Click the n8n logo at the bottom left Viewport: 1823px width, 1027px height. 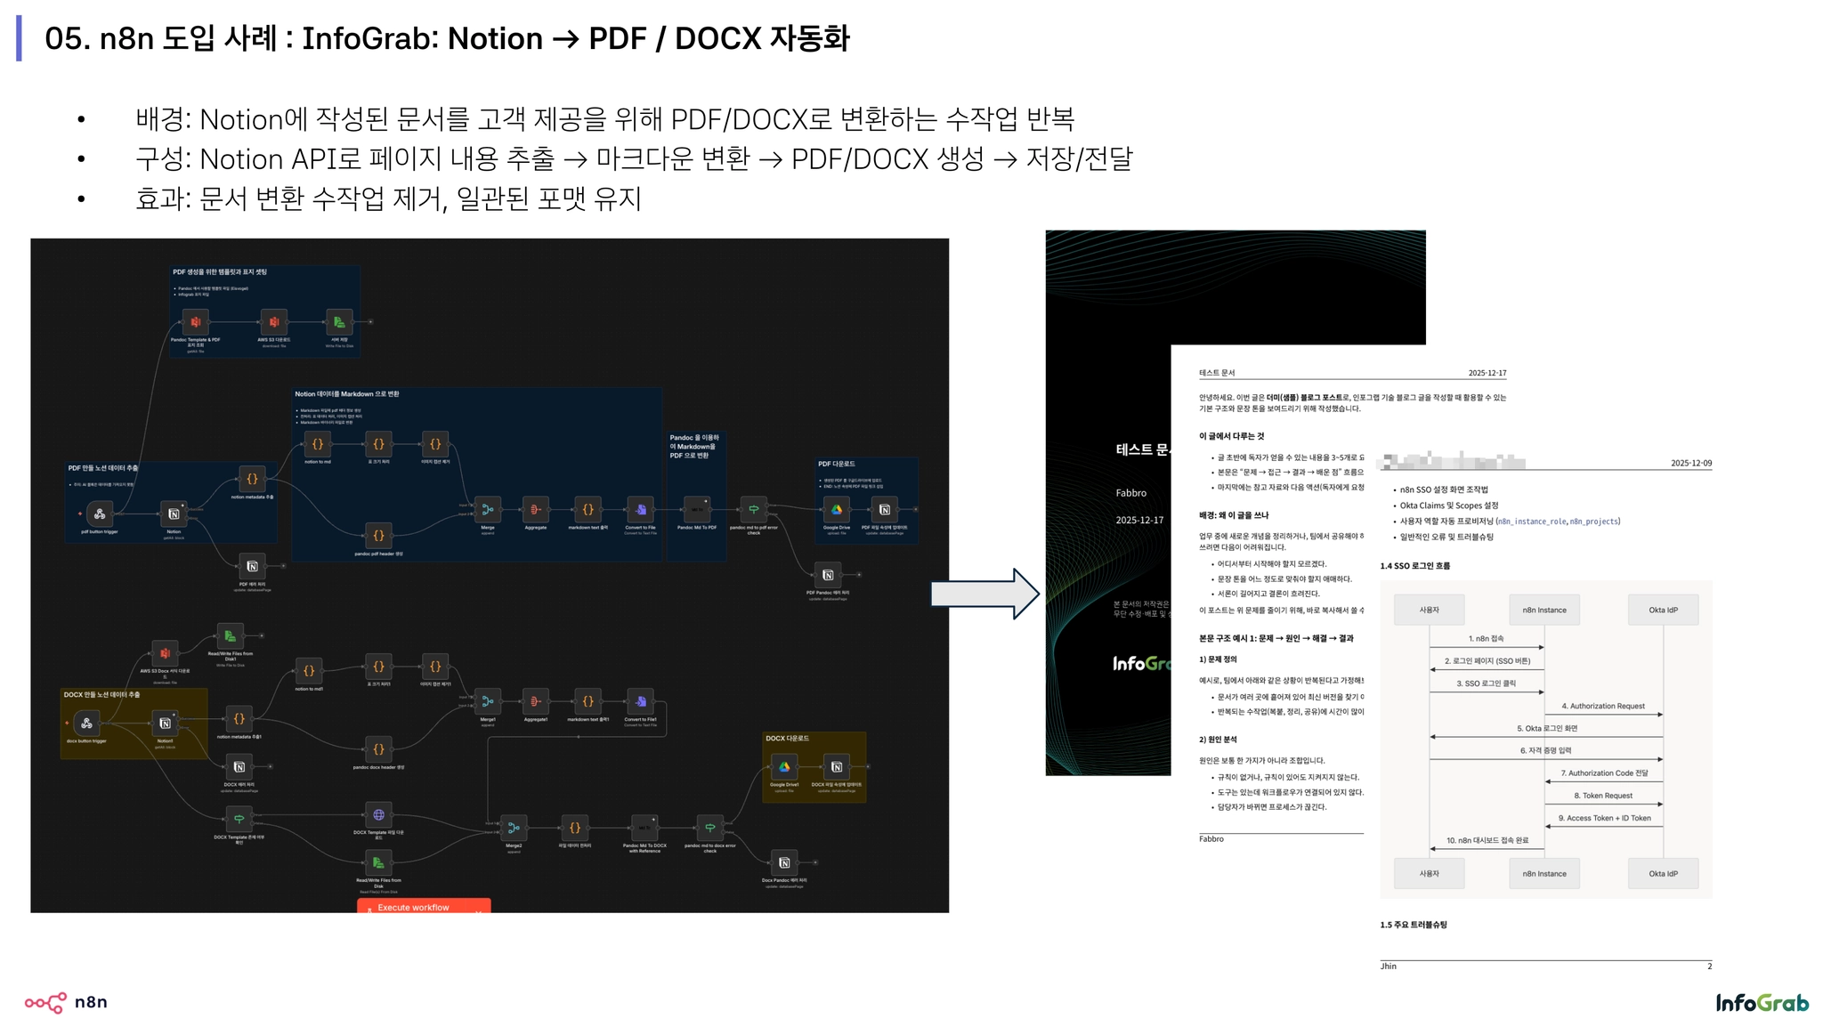(x=66, y=1002)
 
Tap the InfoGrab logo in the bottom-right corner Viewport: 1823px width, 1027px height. (x=1762, y=1003)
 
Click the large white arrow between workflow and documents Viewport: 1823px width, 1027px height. (x=984, y=594)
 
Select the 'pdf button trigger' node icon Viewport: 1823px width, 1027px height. (x=100, y=513)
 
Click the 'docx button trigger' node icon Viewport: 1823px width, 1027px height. (x=86, y=723)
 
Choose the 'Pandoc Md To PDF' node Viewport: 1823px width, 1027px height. (x=696, y=510)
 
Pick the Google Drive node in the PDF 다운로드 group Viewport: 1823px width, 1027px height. (x=836, y=510)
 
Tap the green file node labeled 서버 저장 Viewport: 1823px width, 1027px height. (x=338, y=322)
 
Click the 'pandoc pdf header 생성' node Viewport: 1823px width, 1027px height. (x=378, y=535)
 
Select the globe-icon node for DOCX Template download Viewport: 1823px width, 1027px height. (x=378, y=814)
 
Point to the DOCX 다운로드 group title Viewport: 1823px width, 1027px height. (x=787, y=739)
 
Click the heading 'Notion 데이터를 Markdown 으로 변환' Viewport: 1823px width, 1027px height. (x=347, y=393)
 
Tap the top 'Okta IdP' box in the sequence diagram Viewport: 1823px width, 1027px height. (x=1662, y=610)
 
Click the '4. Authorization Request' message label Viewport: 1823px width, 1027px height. (x=1602, y=706)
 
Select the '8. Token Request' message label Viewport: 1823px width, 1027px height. (x=1602, y=796)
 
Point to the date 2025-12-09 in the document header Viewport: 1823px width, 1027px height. (x=1690, y=463)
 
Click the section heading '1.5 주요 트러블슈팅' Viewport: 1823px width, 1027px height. (x=1413, y=925)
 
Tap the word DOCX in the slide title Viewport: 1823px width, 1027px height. (x=717, y=38)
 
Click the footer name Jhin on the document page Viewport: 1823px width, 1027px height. (x=1388, y=966)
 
